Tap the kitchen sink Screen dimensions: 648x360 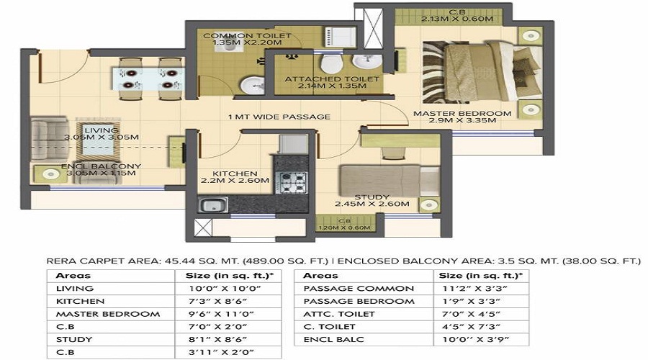coord(212,205)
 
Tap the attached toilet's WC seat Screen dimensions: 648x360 coord(331,63)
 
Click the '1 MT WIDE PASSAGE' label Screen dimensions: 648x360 coord(279,117)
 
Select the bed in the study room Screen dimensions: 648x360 coord(390,181)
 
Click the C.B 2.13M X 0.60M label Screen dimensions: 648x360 coord(457,16)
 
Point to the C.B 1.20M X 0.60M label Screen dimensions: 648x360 coord(344,225)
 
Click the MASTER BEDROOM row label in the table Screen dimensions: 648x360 coord(108,314)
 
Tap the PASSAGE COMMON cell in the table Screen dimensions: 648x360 coord(359,289)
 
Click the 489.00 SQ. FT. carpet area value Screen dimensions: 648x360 coord(286,261)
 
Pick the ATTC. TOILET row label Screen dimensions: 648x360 coord(339,314)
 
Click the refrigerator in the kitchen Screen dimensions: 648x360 coord(293,143)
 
